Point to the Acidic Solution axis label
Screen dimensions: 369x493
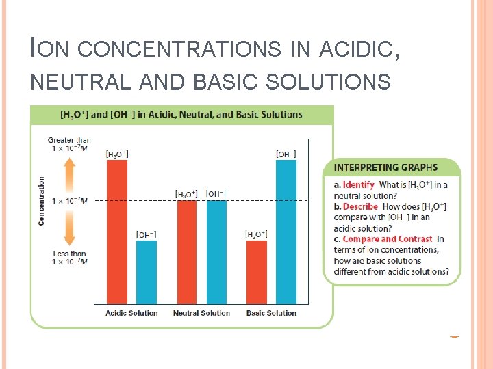pos(131,313)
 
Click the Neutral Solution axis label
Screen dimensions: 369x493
pos(201,313)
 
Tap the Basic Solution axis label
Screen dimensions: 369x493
pos(271,313)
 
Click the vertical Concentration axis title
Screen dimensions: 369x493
pos(42,201)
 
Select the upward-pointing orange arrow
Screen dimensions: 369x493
pos(69,175)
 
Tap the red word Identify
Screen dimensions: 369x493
pos(359,184)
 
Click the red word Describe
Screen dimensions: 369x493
pos(360,206)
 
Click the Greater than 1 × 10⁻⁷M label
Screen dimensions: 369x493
pos(68,145)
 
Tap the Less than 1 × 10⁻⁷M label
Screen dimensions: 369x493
pos(68,258)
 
